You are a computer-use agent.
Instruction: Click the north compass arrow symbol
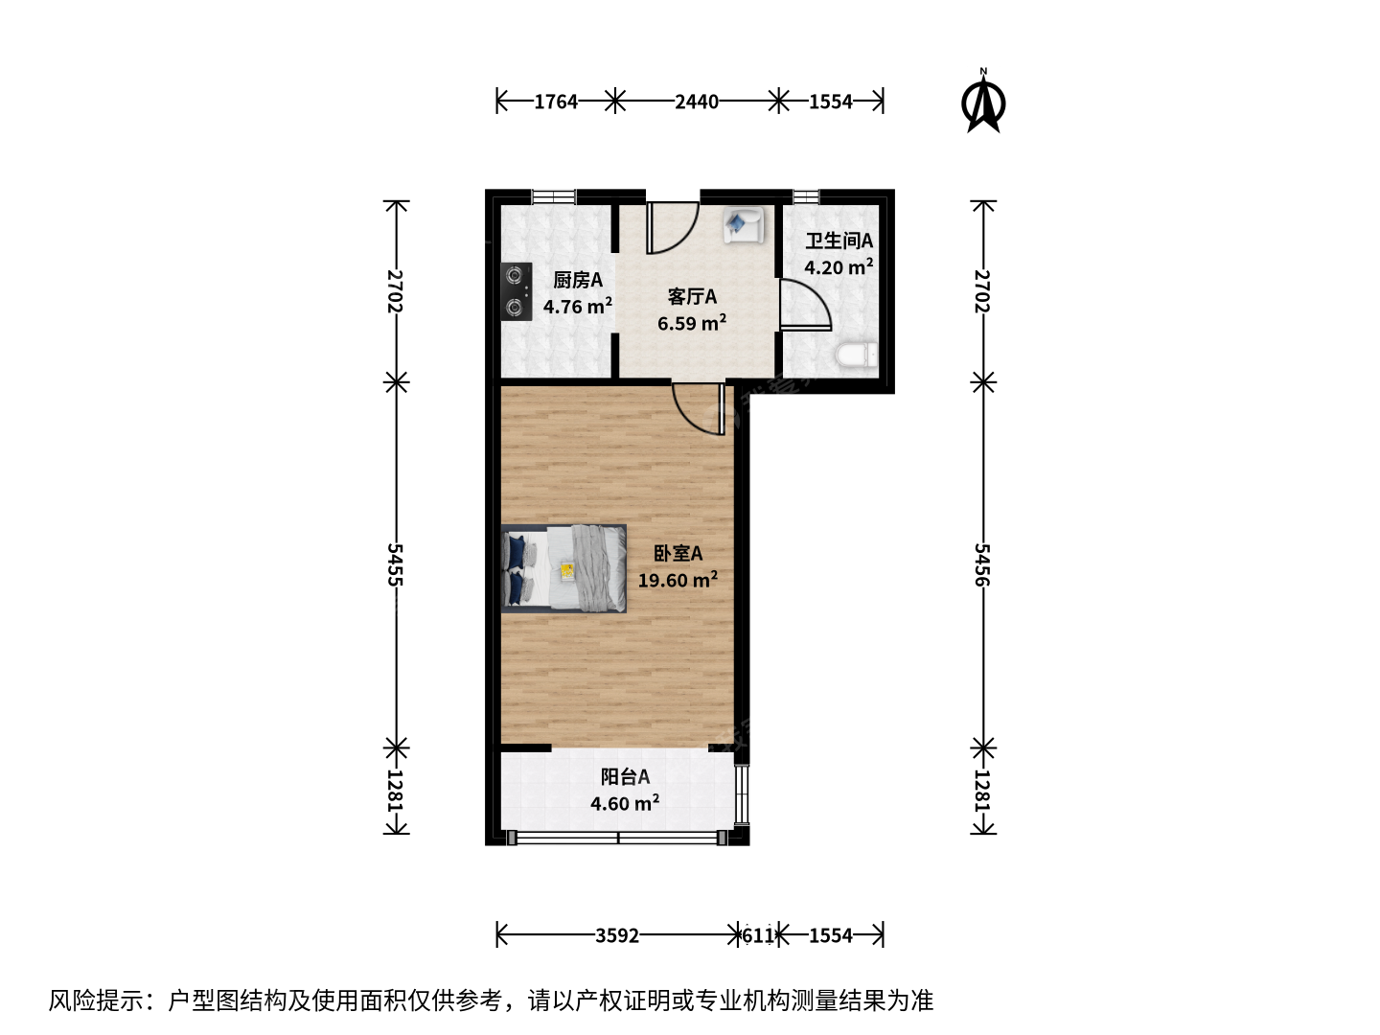click(x=983, y=102)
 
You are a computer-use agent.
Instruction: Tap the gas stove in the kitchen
click(x=517, y=291)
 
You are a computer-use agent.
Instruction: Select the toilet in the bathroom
click(x=857, y=355)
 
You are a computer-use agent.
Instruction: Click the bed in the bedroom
click(x=563, y=568)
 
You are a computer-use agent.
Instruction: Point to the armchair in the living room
click(x=743, y=224)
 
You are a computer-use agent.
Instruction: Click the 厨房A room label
click(x=578, y=280)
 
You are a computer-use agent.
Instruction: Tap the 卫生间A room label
click(x=839, y=241)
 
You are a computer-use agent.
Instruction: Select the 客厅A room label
click(x=692, y=297)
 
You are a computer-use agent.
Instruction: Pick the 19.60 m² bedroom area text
click(x=678, y=580)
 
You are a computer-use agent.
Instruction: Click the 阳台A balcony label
click(x=625, y=776)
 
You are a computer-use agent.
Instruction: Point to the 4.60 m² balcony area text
click(x=625, y=803)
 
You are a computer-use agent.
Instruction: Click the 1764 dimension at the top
click(x=556, y=102)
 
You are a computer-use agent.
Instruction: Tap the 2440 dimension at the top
click(x=697, y=102)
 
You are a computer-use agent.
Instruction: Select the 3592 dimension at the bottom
click(x=617, y=935)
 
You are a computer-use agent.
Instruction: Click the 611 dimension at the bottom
click(x=759, y=935)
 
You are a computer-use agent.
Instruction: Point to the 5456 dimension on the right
click(x=982, y=565)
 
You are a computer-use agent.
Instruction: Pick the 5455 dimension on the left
click(x=396, y=565)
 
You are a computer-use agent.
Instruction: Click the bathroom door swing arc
click(x=817, y=295)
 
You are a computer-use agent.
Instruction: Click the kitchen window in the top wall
click(x=554, y=196)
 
